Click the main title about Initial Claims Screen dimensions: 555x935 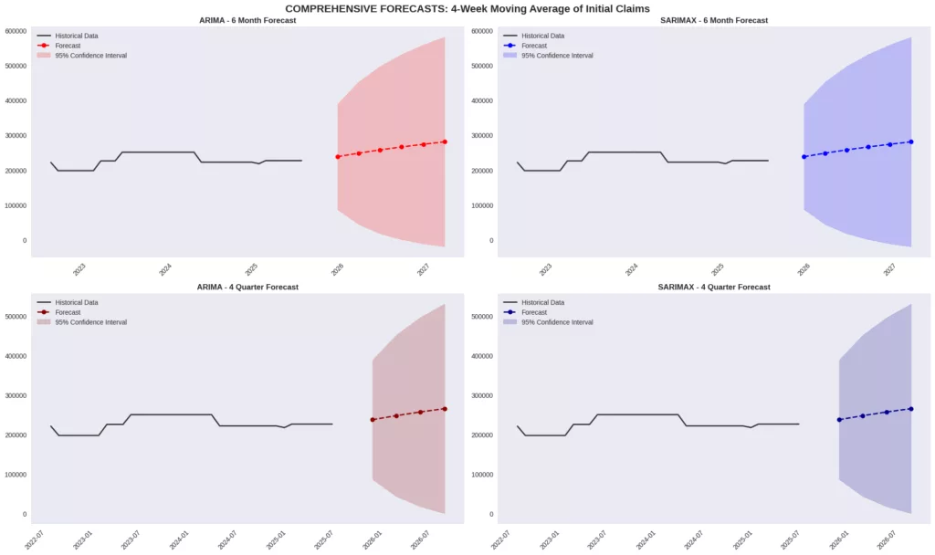pyautogui.click(x=467, y=8)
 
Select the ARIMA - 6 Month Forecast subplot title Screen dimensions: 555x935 pyautogui.click(x=247, y=20)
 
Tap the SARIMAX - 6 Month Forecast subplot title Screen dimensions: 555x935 pyautogui.click(x=713, y=20)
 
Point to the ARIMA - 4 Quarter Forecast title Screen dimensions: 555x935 pyautogui.click(x=247, y=287)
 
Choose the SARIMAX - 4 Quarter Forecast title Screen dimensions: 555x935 pyautogui.click(x=713, y=287)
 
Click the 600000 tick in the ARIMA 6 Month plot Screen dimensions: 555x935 pyautogui.click(x=14, y=31)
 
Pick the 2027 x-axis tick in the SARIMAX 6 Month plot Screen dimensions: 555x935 pyautogui.click(x=888, y=270)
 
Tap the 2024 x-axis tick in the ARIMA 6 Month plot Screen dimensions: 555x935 pyautogui.click(x=164, y=270)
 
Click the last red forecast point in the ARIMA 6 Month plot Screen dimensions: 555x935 pyautogui.click(x=445, y=141)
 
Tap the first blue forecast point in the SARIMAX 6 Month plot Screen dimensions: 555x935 pyautogui.click(x=804, y=157)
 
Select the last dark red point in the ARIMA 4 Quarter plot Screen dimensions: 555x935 pyautogui.click(x=445, y=409)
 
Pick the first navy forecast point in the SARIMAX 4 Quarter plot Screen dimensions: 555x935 pyautogui.click(x=839, y=420)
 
